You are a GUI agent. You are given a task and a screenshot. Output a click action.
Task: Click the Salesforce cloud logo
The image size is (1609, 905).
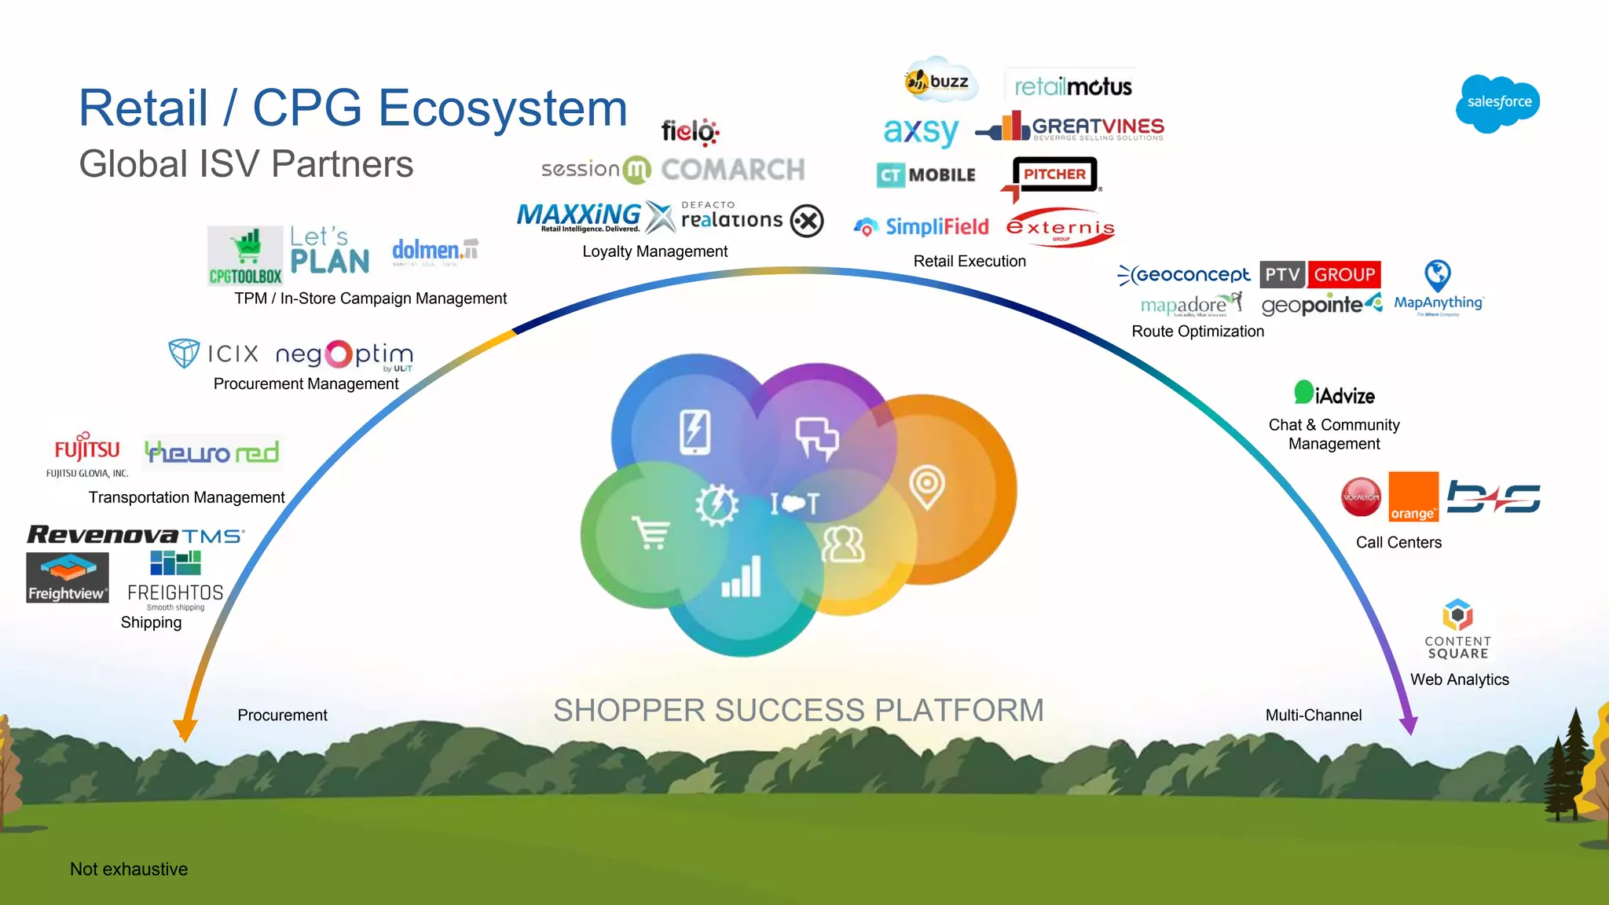(1497, 103)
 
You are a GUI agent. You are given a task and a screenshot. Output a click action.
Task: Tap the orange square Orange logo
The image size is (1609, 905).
(1413, 496)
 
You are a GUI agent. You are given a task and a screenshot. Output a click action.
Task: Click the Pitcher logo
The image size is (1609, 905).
(1054, 175)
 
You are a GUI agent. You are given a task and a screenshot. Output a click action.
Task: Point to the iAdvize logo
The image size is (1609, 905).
(1335, 394)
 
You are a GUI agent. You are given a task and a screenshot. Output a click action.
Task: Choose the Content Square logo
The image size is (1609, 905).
(1457, 630)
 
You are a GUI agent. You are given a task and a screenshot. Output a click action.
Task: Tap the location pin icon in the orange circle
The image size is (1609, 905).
(926, 486)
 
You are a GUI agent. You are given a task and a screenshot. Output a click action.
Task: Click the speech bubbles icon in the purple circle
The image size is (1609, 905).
(817, 437)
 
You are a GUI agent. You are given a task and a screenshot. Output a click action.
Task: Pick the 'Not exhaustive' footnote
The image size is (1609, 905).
(129, 869)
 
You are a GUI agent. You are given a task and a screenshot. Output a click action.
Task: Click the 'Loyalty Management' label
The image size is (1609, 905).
(654, 251)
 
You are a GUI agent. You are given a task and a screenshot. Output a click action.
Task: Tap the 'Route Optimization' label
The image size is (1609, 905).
(1197, 332)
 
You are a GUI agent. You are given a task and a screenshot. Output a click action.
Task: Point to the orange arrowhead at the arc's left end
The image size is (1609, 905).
(185, 730)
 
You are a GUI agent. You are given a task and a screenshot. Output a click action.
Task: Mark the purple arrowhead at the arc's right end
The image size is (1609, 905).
(1409, 724)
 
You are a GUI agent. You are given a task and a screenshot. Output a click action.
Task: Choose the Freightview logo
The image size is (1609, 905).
(68, 577)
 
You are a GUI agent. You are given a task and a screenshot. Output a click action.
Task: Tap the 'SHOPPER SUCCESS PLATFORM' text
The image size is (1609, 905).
(798, 710)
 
